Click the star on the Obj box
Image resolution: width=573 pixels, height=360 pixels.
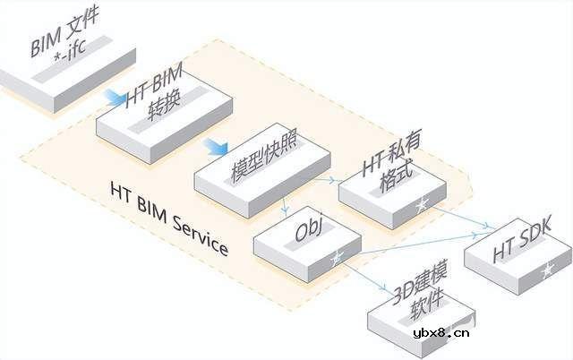click(x=337, y=259)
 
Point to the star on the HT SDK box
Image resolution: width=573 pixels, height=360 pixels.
click(x=546, y=268)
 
